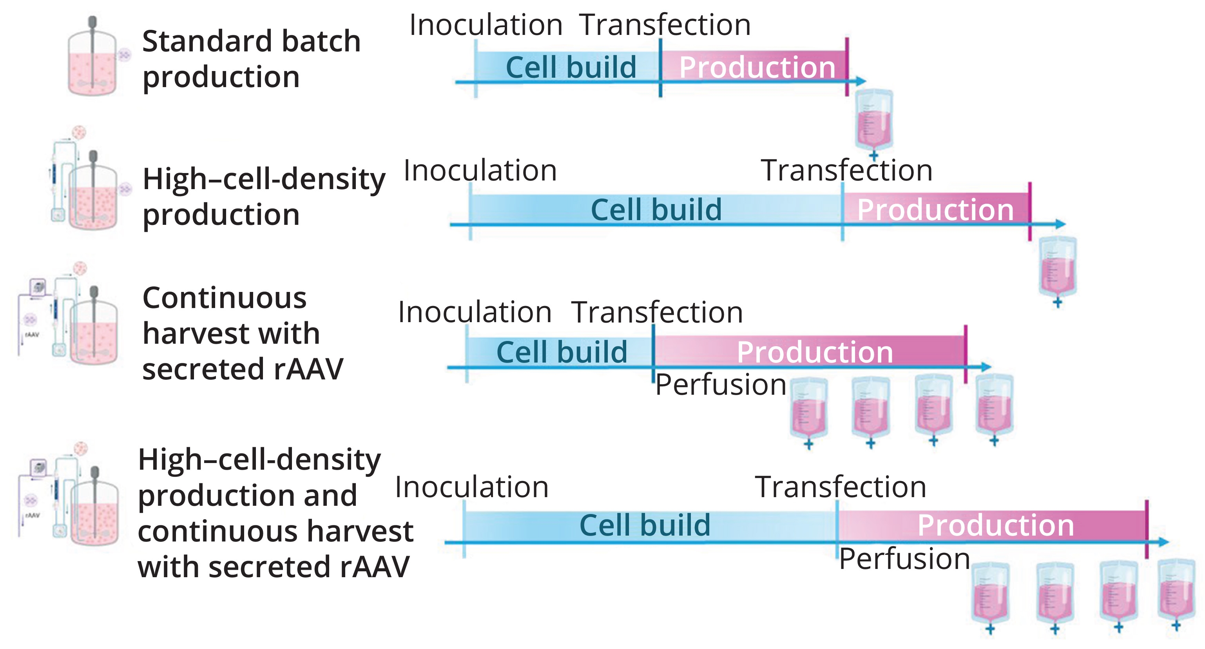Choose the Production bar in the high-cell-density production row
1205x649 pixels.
coord(935,209)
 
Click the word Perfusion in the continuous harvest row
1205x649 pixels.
coord(720,385)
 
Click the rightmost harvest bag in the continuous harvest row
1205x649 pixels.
coord(995,405)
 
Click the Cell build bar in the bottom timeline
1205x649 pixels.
coord(645,525)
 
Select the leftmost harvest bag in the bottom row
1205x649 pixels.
coord(990,594)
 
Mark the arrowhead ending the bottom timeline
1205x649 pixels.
coord(1163,542)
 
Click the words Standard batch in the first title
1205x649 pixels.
coord(251,41)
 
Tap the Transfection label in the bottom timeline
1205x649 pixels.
coord(841,487)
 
